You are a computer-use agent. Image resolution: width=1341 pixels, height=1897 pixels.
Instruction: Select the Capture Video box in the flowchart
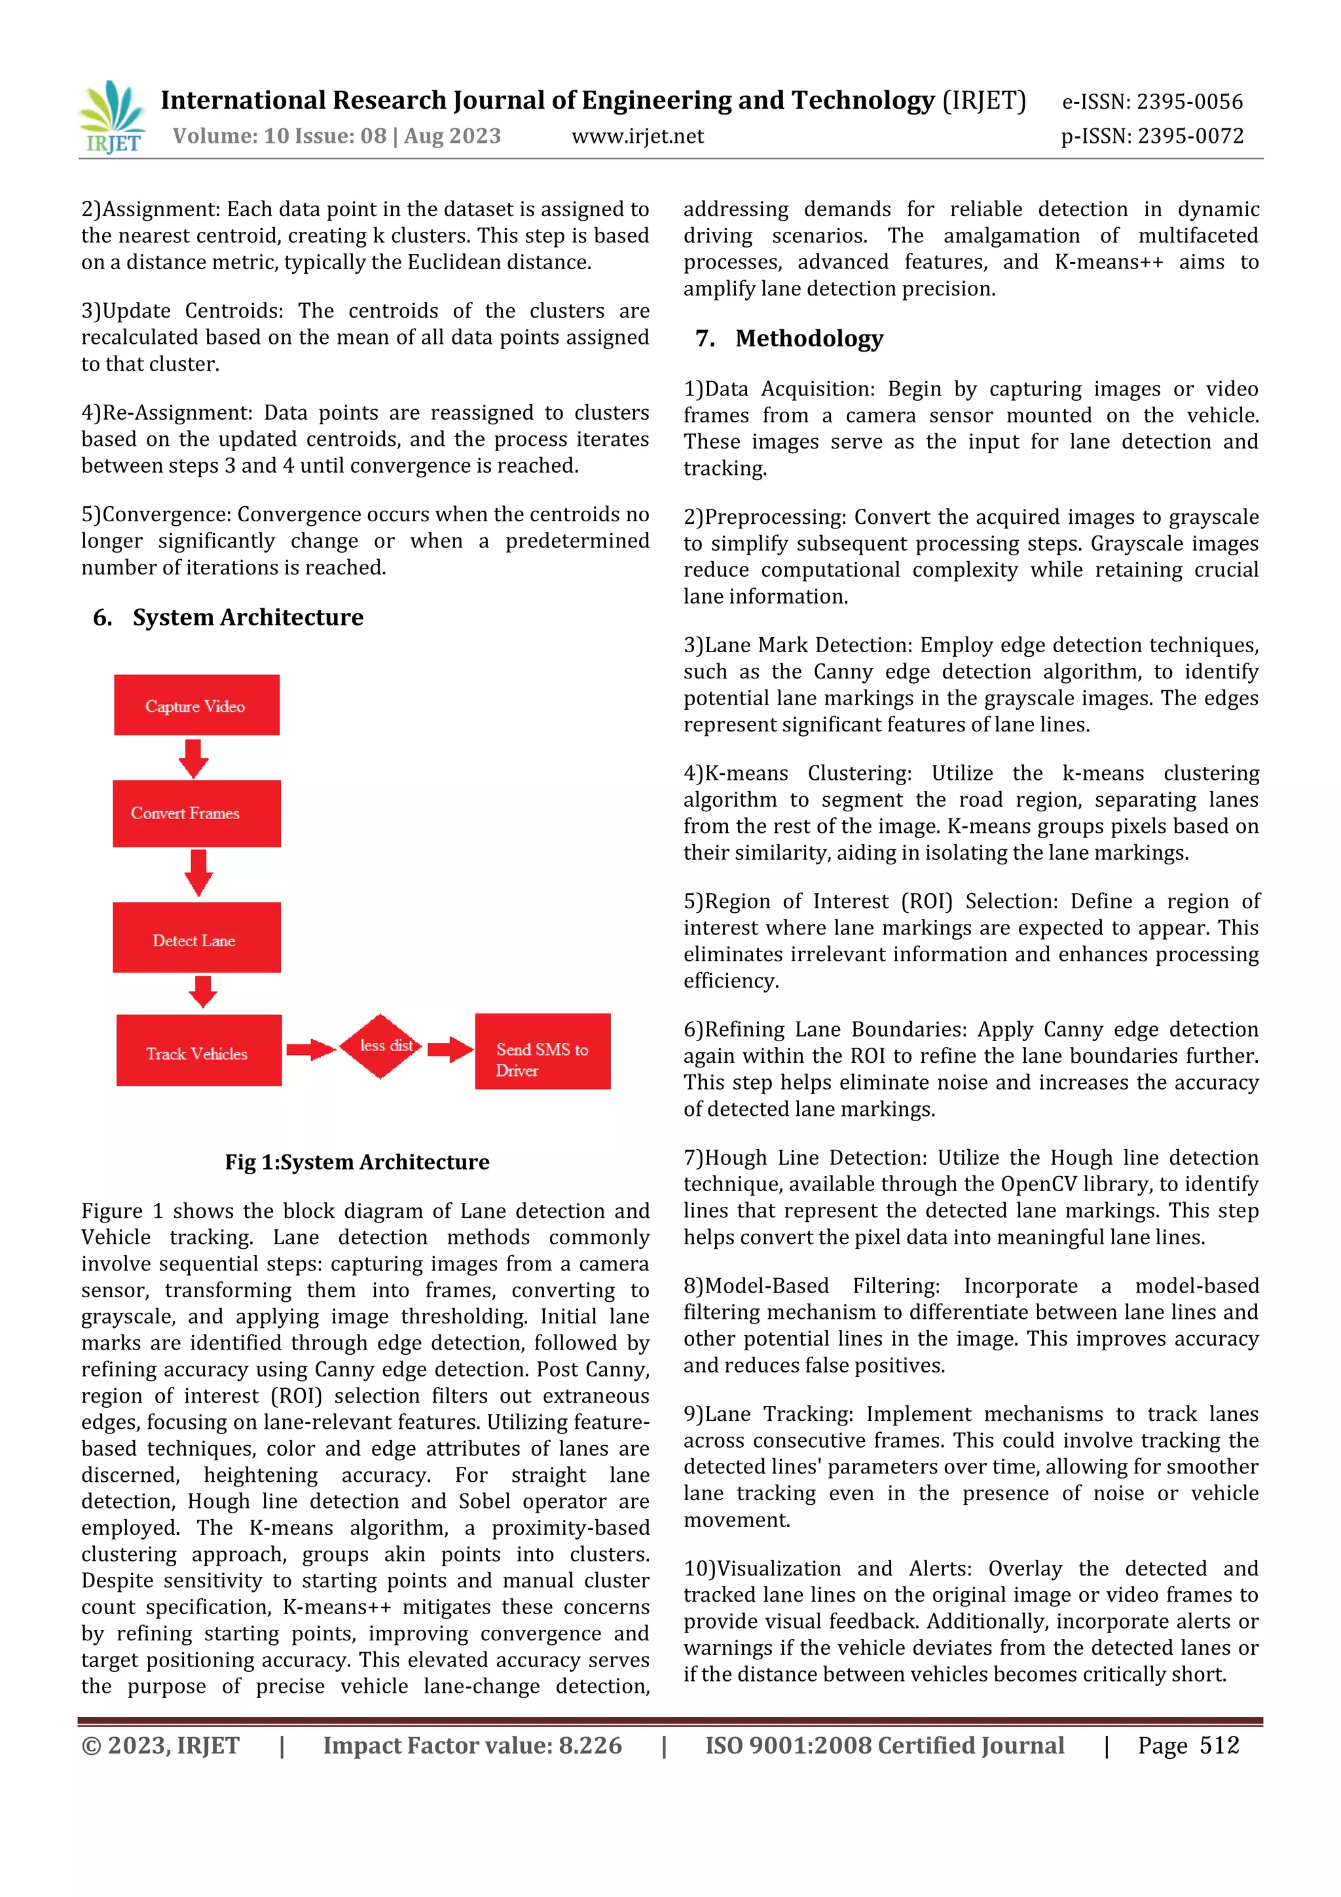click(196, 705)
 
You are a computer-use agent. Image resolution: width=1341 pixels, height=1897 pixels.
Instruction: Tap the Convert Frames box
click(196, 813)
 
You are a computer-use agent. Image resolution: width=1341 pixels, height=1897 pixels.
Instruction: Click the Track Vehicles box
click(198, 1050)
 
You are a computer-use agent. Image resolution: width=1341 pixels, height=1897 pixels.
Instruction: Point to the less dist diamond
click(381, 1046)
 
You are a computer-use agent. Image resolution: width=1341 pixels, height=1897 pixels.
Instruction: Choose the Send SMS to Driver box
click(542, 1052)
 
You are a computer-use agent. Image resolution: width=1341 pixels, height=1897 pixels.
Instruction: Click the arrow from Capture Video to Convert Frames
click(194, 758)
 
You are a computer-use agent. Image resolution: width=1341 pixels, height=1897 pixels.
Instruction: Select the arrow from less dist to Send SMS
click(449, 1049)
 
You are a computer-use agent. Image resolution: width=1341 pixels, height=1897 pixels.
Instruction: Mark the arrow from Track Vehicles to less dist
click(310, 1049)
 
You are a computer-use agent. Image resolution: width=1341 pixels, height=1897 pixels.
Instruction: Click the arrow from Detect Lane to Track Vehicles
click(202, 991)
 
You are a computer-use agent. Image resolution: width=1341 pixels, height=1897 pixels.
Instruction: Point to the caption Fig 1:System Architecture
click(357, 1162)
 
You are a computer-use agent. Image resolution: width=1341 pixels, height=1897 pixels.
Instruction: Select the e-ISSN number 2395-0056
click(1189, 101)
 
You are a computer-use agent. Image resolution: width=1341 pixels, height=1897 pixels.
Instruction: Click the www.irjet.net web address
click(637, 136)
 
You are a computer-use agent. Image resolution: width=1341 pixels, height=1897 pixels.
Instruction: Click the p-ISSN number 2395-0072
click(1190, 136)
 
